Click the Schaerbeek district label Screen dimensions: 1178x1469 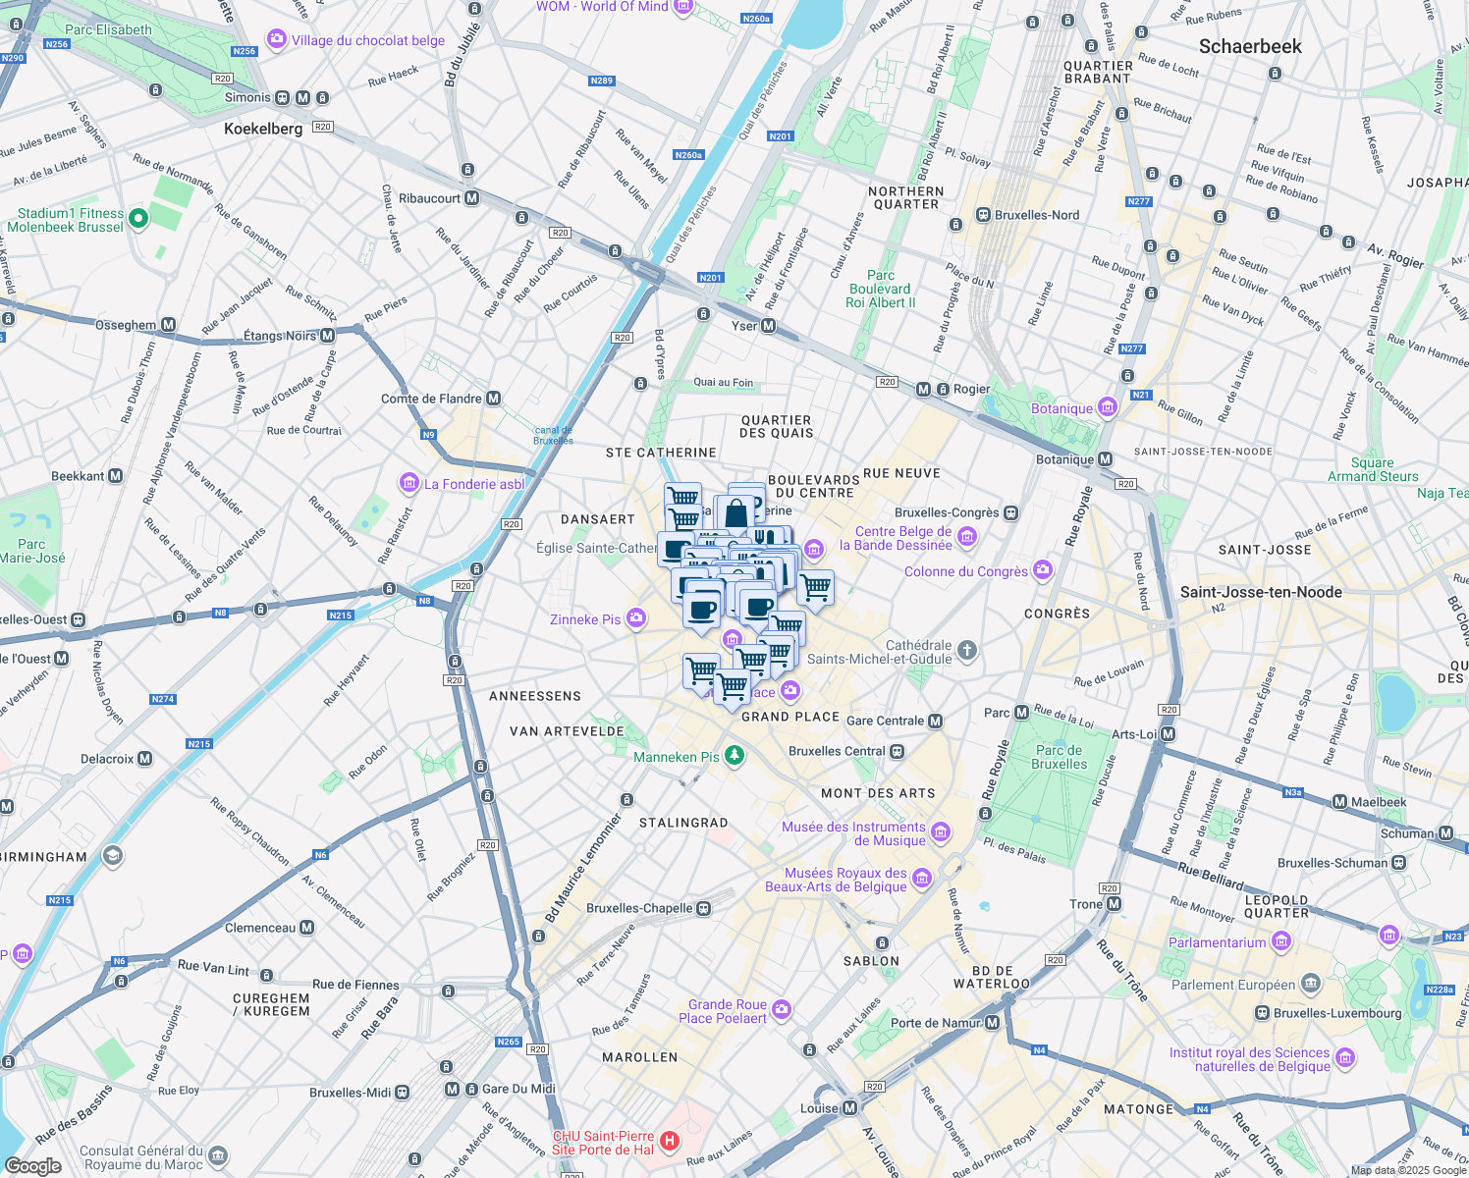pos(1250,46)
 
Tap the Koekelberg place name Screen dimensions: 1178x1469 pos(263,129)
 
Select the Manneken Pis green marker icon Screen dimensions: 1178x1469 pos(734,756)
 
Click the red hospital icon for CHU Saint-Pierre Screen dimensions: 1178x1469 pos(669,1141)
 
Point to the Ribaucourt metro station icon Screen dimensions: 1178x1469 pos(472,198)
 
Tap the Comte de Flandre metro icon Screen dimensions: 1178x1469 pos(494,399)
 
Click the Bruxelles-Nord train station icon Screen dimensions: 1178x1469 pos(983,215)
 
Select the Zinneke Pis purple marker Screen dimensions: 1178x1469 pos(636,617)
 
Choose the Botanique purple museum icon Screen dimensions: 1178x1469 pos(1108,407)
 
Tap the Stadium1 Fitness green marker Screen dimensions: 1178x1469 pos(138,219)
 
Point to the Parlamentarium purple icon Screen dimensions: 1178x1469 pos(1280,942)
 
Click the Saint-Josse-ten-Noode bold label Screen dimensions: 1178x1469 pos(1261,592)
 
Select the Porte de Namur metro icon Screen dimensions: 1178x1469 pos(992,1023)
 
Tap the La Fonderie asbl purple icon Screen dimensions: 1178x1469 pos(408,483)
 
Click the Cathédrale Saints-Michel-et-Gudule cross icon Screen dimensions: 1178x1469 pos(966,650)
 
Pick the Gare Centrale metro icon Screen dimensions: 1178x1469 pos(935,721)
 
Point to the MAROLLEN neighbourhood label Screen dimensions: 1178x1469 pos(639,1057)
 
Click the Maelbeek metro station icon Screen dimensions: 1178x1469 pos(1339,802)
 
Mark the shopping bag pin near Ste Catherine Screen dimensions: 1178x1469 pos(736,513)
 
